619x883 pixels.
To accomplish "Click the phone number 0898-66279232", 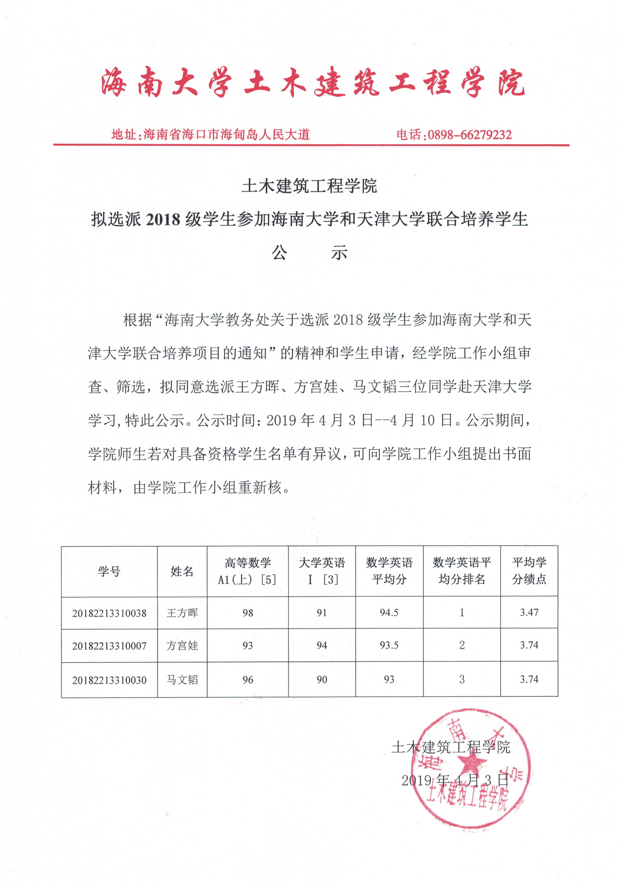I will tap(470, 135).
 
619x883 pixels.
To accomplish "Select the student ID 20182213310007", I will tap(109, 646).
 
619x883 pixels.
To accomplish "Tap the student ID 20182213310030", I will tap(109, 680).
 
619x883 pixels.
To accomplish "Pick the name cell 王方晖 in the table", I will tap(182, 613).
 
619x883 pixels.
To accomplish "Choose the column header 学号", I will tap(109, 572).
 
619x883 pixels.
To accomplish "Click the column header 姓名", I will tap(182, 572).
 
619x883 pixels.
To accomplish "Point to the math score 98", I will tap(248, 613).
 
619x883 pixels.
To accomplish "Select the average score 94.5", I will tap(389, 613).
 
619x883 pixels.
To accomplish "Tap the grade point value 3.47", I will tap(529, 612).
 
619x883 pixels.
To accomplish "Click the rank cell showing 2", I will tap(462, 645).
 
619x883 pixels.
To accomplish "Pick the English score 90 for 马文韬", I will tap(322, 679).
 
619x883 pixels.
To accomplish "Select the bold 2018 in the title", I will tap(163, 220).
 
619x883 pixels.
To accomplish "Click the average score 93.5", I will tap(389, 645).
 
